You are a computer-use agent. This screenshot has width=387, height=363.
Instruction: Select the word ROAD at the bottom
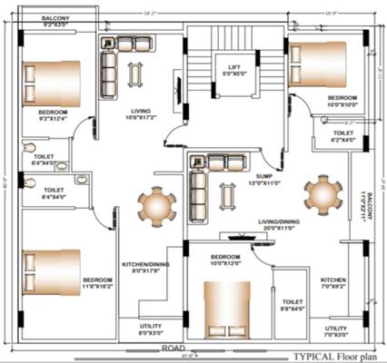pos(174,348)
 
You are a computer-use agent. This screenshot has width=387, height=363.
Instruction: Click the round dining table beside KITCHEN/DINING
pos(153,207)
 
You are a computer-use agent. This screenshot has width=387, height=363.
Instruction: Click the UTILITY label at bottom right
pos(335,332)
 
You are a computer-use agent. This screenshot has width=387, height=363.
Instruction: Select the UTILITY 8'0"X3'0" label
pos(151,329)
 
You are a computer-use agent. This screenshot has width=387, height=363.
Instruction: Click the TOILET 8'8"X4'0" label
pos(293,305)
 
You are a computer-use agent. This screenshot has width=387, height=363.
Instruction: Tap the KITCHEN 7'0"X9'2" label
pos(333,283)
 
